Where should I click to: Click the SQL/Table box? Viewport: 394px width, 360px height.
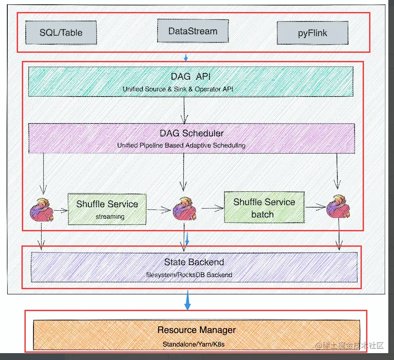click(x=61, y=33)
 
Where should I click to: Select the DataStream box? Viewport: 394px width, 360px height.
click(x=193, y=31)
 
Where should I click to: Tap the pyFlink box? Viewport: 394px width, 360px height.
click(x=312, y=33)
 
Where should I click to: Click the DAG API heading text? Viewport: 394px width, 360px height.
click(x=191, y=76)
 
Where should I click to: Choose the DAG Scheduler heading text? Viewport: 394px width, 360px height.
click(x=191, y=133)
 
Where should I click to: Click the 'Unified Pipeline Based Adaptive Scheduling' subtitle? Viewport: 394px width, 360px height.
click(x=181, y=145)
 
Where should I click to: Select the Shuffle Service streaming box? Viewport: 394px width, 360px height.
click(x=107, y=209)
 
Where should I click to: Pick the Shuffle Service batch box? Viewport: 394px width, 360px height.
click(x=264, y=207)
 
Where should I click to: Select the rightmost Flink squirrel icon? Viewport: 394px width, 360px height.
click(x=338, y=207)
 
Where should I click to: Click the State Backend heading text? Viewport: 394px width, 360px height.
click(x=194, y=262)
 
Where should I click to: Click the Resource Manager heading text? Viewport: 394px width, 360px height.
click(x=197, y=330)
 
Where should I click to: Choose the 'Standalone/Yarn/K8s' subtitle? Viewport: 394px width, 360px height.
click(x=194, y=344)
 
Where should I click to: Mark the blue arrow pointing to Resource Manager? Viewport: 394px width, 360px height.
click(x=187, y=300)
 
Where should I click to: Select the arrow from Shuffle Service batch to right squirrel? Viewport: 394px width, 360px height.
click(x=316, y=207)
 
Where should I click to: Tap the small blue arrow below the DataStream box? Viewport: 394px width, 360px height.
click(x=186, y=57)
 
